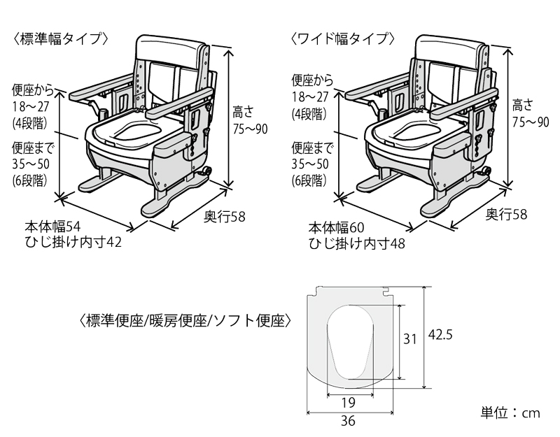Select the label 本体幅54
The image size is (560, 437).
(x=54, y=227)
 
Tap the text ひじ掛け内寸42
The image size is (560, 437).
(x=73, y=243)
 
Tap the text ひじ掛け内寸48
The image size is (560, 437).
(x=357, y=243)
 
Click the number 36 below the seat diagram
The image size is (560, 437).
(x=348, y=420)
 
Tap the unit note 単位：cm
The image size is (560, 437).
(x=511, y=413)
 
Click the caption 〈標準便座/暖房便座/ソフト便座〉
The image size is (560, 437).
(x=185, y=321)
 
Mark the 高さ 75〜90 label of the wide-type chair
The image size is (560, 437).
(x=530, y=113)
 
